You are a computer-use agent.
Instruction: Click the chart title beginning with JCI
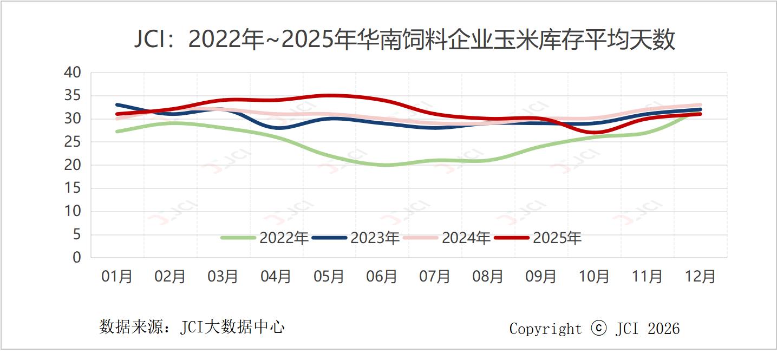coord(404,40)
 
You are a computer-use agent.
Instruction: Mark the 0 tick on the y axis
coord(77,258)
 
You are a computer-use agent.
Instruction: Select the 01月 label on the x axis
coord(117,277)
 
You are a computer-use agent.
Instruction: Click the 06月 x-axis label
coord(382,277)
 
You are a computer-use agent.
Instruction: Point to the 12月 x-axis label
coord(700,277)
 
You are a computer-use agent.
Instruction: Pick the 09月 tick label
coord(541,277)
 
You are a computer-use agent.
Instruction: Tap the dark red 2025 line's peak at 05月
coord(329,96)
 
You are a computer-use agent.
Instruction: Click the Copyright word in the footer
coord(545,329)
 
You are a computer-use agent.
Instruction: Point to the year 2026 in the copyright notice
coord(663,329)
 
